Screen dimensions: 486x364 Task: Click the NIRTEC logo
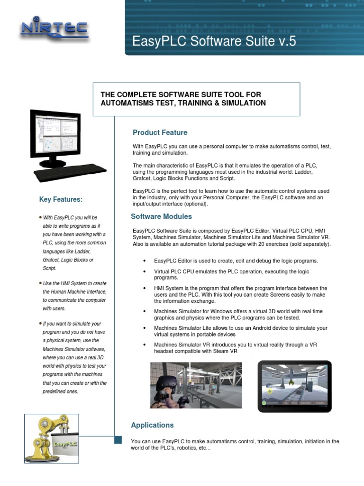54,29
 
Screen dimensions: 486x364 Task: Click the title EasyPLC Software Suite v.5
214,41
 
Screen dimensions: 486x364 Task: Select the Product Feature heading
160,132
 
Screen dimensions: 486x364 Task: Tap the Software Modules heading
161,216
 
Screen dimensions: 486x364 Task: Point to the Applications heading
152,425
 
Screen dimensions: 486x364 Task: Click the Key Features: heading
61,199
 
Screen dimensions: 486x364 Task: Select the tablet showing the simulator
294,386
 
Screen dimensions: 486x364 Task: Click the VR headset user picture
196,385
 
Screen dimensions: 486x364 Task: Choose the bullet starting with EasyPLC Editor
236,261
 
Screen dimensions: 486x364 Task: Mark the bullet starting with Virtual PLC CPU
231,274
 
